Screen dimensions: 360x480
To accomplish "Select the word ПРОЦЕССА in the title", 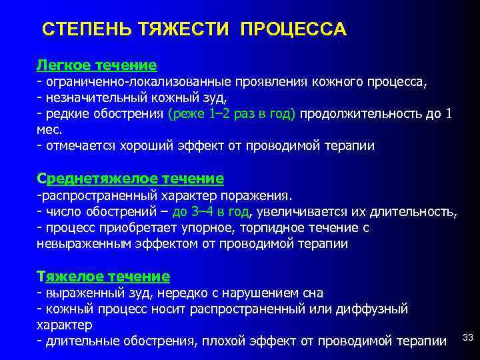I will point(293,30).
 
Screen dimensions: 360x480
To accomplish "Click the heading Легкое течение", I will point(97,65).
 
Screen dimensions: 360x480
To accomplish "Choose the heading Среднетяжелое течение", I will point(130,179).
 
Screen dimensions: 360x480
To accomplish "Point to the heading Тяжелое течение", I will point(103,275).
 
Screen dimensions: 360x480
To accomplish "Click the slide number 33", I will point(467,338).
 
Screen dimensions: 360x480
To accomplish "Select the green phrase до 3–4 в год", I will point(210,212).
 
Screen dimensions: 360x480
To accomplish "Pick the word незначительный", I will point(89,98).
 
